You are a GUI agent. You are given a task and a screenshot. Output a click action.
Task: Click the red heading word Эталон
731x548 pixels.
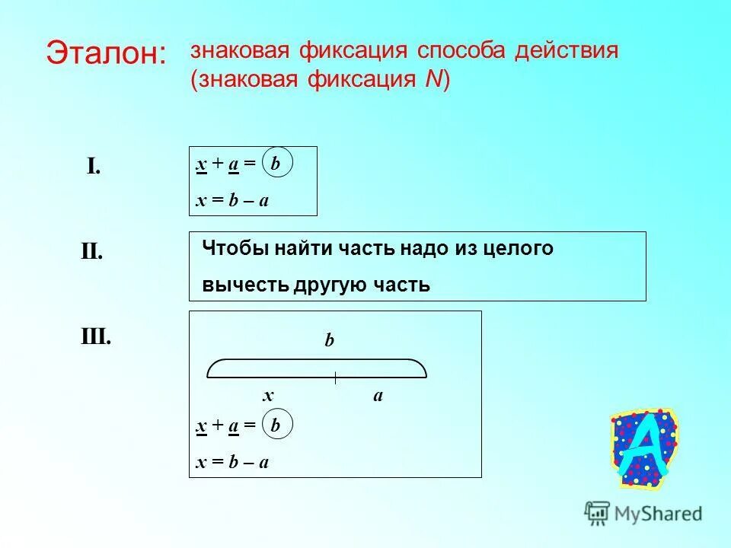pos(106,53)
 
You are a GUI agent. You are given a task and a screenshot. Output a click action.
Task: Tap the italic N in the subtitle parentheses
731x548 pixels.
pos(432,80)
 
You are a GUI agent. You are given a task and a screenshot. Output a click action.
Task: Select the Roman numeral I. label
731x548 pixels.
pos(94,166)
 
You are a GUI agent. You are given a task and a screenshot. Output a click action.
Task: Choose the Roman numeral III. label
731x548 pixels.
pos(96,336)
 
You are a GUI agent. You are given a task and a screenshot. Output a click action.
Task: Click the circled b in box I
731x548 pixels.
pos(276,164)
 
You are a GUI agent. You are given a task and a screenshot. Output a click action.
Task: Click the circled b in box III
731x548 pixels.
pos(276,427)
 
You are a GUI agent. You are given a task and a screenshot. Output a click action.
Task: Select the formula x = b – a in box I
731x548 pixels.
pos(232,200)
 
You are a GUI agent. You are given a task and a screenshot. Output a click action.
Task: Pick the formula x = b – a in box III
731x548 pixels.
pos(232,462)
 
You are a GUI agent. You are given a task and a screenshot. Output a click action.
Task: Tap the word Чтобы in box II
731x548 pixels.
pos(228,249)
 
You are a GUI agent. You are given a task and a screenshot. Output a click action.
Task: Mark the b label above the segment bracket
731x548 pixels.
pos(329,341)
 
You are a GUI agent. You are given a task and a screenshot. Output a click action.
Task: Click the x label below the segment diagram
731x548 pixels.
pos(268,395)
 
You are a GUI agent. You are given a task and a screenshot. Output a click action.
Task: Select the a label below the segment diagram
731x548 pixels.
pos(378,395)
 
